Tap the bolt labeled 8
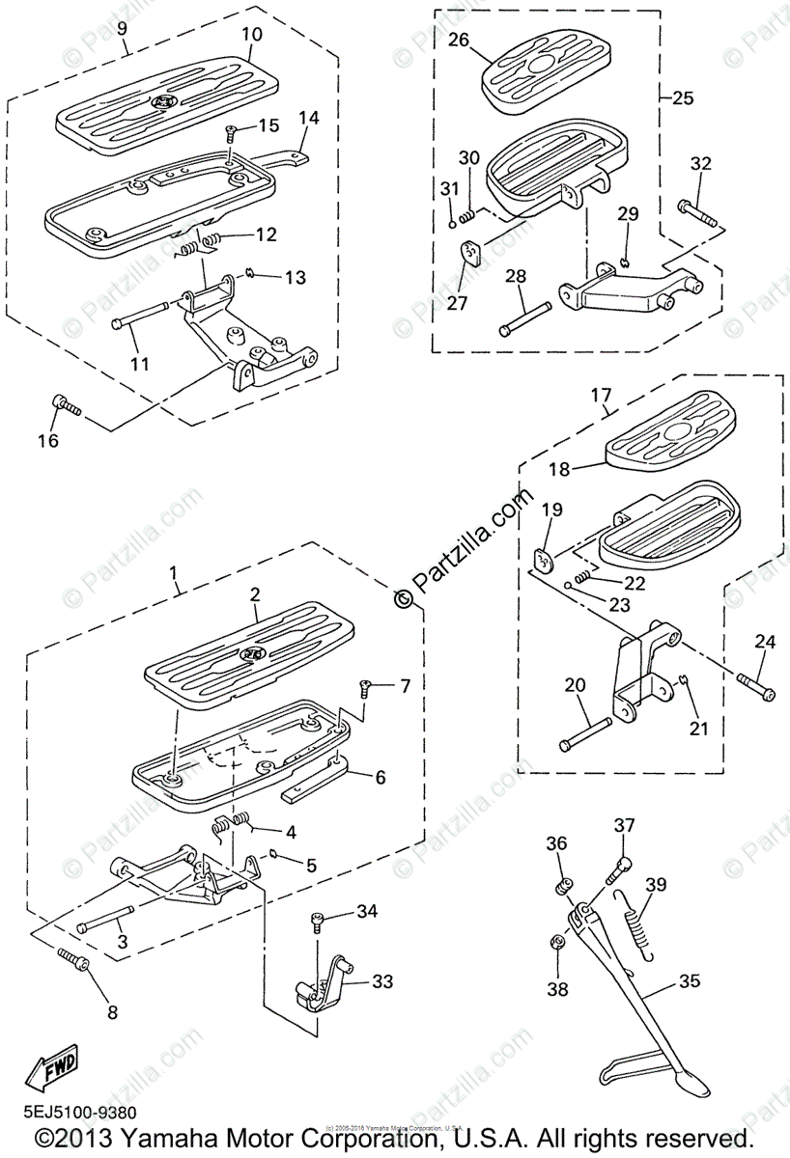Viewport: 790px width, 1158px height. pos(72,959)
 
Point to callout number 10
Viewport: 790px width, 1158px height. pos(251,35)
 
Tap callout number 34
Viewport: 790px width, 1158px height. pos(366,911)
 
